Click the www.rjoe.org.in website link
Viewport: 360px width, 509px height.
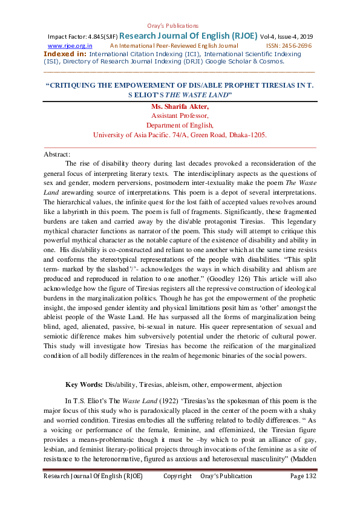click(70, 45)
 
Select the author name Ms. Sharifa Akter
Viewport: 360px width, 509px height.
click(180, 107)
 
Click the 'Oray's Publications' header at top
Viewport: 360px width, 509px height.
click(173, 25)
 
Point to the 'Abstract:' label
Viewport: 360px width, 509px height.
click(57, 155)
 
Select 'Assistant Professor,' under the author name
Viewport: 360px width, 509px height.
click(180, 116)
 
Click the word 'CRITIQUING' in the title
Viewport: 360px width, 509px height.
click(79, 85)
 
